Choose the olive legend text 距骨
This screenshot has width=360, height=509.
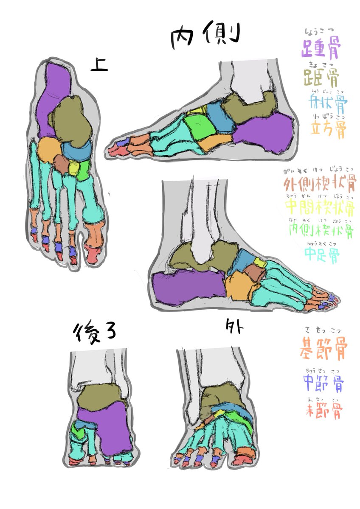pyautogui.click(x=321, y=77)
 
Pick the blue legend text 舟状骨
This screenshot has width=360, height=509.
pyautogui.click(x=329, y=101)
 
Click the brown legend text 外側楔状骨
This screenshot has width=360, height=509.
pyautogui.click(x=319, y=184)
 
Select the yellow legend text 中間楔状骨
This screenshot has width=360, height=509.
pyautogui.click(x=319, y=208)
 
